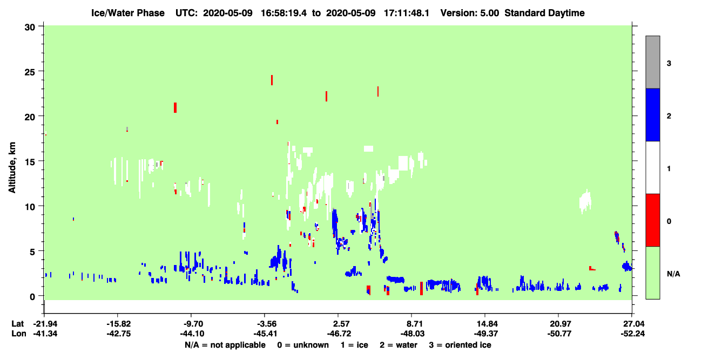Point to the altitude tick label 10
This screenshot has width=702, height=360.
pyautogui.click(x=30, y=207)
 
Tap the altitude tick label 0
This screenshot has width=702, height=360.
pyautogui.click(x=32, y=297)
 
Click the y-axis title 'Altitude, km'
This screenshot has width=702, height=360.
pyautogui.click(x=12, y=167)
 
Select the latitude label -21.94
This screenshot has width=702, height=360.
pyautogui.click(x=45, y=324)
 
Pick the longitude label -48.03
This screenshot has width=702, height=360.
pyautogui.click(x=412, y=334)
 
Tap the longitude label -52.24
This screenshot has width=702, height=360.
pyautogui.click(x=632, y=334)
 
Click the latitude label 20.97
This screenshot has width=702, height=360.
pyautogui.click(x=559, y=324)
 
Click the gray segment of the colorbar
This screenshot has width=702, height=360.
pyautogui.click(x=653, y=62)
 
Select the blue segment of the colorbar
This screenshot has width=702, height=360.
pyautogui.click(x=653, y=114)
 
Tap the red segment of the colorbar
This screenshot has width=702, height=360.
pyautogui.click(x=653, y=220)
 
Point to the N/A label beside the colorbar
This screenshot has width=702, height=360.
pyautogui.click(x=673, y=274)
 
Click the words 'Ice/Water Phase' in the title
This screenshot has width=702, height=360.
pyautogui.click(x=128, y=13)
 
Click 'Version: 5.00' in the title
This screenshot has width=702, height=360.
pyautogui.click(x=470, y=13)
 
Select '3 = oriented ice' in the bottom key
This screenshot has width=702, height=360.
pyautogui.click(x=460, y=345)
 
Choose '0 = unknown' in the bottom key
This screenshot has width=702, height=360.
pyautogui.click(x=303, y=345)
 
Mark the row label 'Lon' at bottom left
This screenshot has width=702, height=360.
pyautogui.click(x=19, y=334)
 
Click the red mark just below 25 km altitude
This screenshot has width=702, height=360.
pyautogui.click(x=272, y=80)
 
